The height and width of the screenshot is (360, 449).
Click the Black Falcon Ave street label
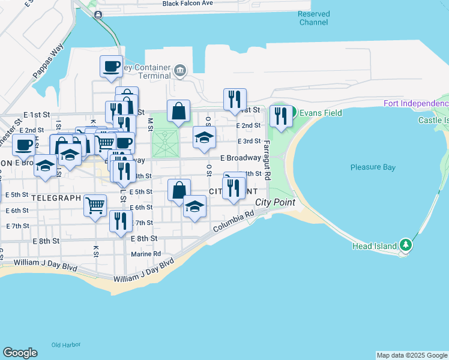pos(187,4)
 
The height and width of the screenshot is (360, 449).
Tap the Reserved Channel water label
pos(313,18)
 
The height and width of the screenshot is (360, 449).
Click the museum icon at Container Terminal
pos(179,71)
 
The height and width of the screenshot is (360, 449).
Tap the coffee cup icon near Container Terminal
pos(112,66)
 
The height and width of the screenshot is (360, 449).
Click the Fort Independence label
pos(416,104)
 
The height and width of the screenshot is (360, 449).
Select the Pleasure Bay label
pos(372,167)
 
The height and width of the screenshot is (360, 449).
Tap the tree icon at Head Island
pos(406,245)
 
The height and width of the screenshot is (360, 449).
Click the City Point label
pos(275,202)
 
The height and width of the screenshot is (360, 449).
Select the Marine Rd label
pos(146,254)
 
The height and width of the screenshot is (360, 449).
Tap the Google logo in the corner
pos(20,353)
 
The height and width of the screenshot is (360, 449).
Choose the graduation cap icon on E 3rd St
pos(204,137)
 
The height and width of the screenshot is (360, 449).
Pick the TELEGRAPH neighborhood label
pos(56,197)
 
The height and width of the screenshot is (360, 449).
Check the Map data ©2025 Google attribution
pos(412,355)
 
